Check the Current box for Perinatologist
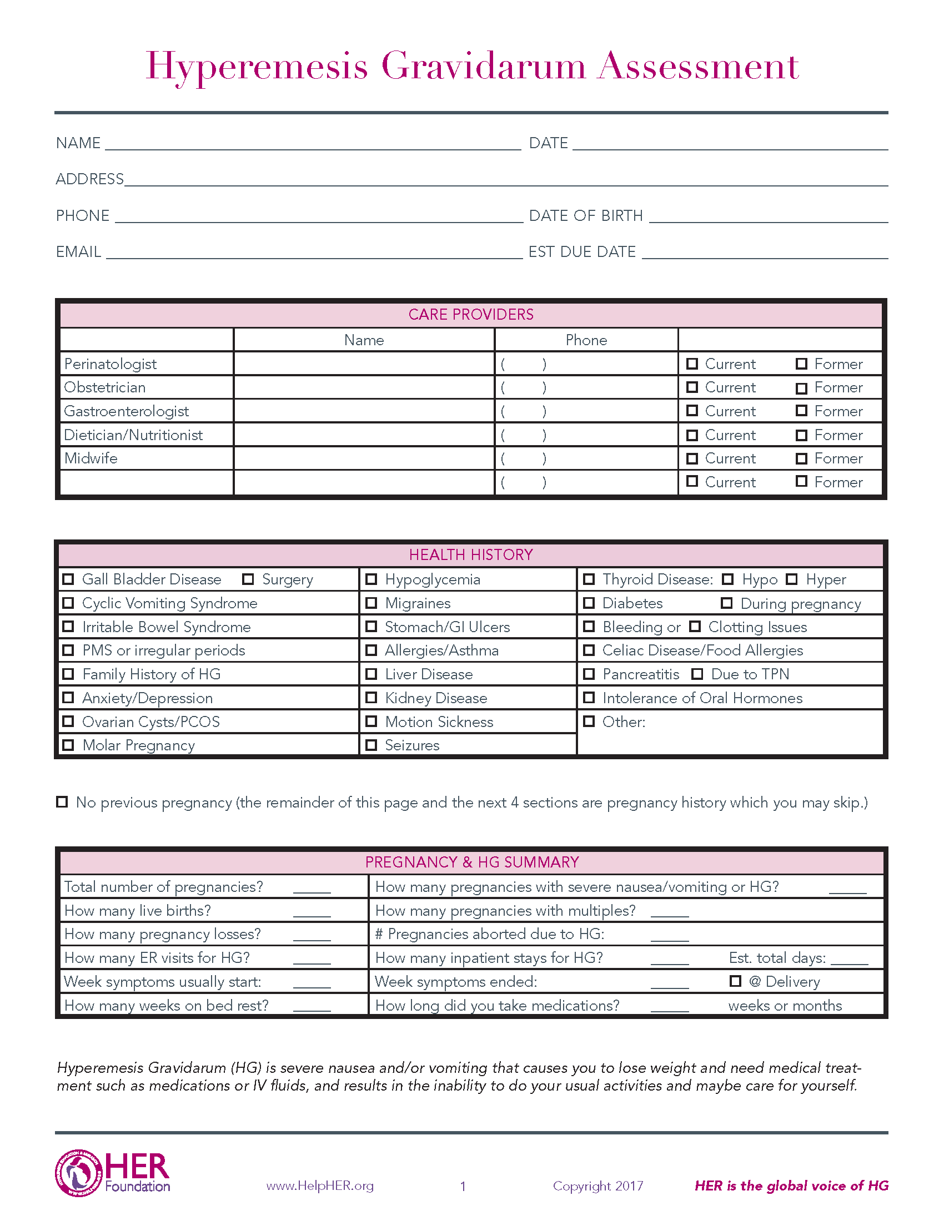point(692,364)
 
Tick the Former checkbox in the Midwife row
point(801,458)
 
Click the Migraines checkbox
point(371,603)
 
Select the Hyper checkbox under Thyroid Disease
point(791,579)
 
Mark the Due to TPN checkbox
point(697,674)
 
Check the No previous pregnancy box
point(62,803)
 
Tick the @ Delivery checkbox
point(735,981)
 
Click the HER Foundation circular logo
point(78,1173)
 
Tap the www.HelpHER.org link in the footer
point(320,1186)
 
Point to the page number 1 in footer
point(463,1187)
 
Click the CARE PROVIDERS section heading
point(471,315)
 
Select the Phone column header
point(586,340)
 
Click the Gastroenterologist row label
point(127,411)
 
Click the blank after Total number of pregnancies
point(312,888)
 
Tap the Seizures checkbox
point(371,745)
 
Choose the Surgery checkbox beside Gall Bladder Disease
point(248,579)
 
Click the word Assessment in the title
point(699,66)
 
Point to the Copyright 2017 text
point(598,1187)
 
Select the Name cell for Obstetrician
point(364,387)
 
